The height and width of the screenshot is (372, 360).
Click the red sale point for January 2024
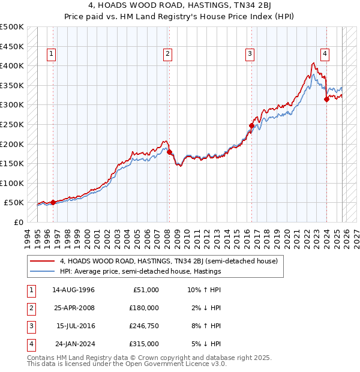pos(326,100)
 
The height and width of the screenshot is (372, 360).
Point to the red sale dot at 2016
pos(252,125)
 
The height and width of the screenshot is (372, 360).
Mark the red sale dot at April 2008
pos(169,152)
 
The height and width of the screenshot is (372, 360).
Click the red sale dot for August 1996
pos(53,202)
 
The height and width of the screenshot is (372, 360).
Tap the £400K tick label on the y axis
pos(12,65)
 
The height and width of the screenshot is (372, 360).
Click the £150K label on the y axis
pos(12,163)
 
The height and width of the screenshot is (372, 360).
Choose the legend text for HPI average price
pos(140,271)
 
